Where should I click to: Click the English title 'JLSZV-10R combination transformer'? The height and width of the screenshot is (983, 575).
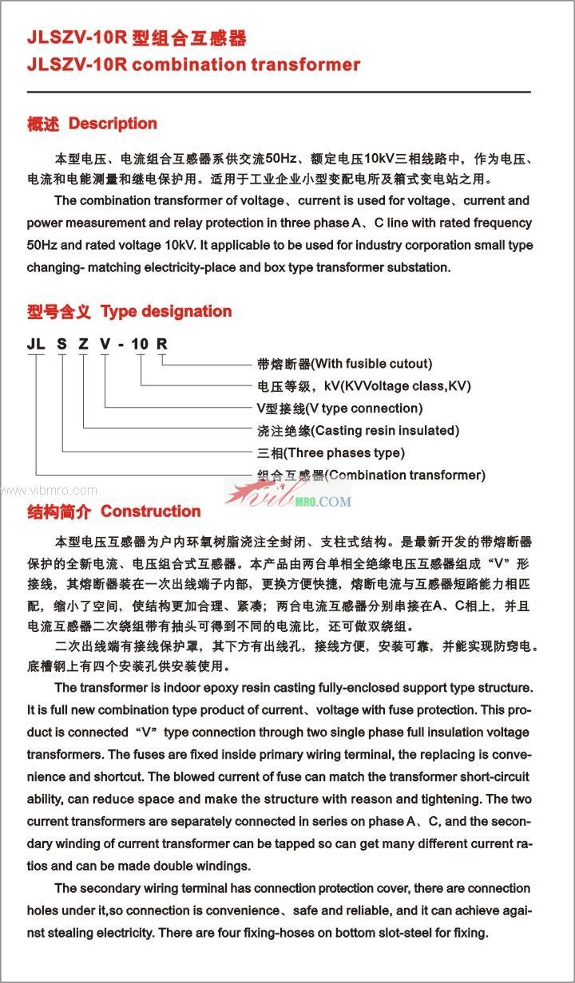193,65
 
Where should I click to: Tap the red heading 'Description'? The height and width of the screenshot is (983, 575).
113,124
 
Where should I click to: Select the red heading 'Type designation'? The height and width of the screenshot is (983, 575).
166,311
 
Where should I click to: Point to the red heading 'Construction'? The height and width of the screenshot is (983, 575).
150,511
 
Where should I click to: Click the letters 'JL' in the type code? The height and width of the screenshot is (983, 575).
35,344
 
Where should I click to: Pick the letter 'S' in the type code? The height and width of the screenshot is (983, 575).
61,344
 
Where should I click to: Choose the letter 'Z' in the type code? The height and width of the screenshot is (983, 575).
83,344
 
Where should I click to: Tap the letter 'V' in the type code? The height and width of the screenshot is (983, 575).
105,344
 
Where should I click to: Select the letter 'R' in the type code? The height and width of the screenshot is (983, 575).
161,344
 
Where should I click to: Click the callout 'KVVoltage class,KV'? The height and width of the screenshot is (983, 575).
406,386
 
